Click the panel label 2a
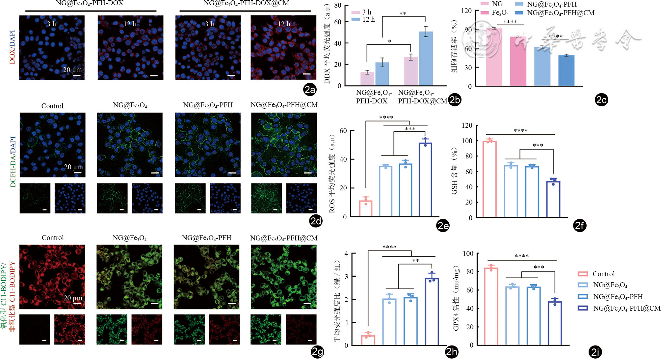[x=310, y=90]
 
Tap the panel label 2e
[x=443, y=226]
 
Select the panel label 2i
[x=595, y=352]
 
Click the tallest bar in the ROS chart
[x=425, y=180]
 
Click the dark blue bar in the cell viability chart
[x=566, y=70]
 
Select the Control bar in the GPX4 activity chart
[x=491, y=306]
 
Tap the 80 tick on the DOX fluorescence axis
[x=338, y=6]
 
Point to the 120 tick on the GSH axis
[x=467, y=125]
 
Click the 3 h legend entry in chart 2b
[x=362, y=12]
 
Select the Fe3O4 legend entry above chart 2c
[x=495, y=13]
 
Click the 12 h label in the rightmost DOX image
[x=284, y=24]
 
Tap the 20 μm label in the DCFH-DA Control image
[x=73, y=167]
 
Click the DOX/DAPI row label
[x=12, y=47]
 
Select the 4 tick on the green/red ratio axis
[x=346, y=254]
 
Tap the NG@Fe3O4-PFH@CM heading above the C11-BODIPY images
[x=284, y=238]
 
